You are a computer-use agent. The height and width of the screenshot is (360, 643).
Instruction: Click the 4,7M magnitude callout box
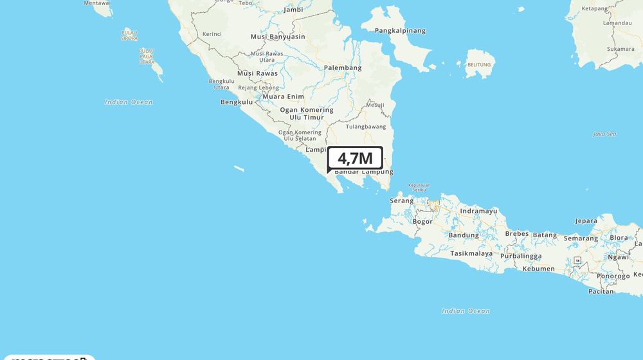pos(355,158)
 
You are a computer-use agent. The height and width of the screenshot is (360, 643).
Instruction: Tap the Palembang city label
pos(343,67)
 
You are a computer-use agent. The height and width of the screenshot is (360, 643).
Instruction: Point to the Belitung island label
pos(478,64)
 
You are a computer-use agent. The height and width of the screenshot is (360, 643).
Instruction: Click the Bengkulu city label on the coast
pos(236,102)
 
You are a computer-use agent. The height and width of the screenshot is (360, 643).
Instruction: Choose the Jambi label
pos(293,10)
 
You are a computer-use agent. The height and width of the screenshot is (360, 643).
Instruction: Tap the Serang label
pos(401,201)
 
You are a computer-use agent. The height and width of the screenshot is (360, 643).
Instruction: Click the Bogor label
pos(422,221)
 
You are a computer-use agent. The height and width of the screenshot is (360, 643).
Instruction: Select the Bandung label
pos(464,235)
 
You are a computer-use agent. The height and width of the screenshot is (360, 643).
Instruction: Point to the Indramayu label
pos(478,211)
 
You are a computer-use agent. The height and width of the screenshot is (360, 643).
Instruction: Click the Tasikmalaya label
pos(471,253)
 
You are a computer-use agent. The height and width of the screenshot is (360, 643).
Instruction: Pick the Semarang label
pos(581,239)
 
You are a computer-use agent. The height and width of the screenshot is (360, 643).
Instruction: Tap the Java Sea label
pos(605,134)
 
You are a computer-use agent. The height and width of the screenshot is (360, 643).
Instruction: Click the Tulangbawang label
pos(366,127)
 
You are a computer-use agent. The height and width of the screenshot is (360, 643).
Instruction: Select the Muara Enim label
pos(283,96)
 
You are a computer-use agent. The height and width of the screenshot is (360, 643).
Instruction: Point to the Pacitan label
pos(601,291)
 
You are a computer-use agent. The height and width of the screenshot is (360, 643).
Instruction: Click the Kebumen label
pos(538,269)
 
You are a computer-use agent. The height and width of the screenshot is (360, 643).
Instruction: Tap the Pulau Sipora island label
pos(129,35)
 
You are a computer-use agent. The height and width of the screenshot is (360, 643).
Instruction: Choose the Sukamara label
pos(620,49)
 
